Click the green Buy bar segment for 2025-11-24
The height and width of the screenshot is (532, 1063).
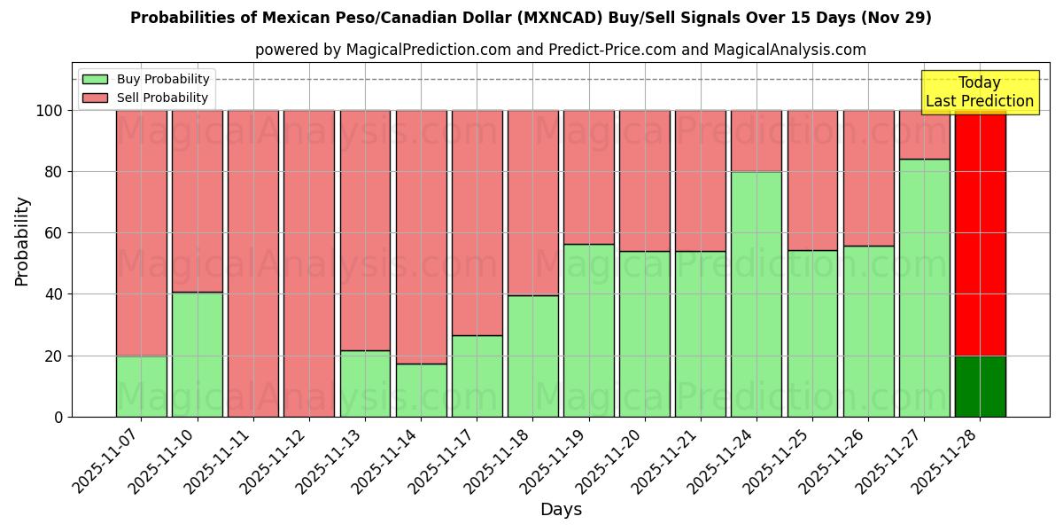point(756,294)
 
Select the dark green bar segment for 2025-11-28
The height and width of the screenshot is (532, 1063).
point(980,387)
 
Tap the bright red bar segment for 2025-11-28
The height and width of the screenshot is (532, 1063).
point(980,232)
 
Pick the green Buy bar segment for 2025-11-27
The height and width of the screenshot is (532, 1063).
point(924,288)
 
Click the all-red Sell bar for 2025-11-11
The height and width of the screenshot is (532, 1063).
point(252,263)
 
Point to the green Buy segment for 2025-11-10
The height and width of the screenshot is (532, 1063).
point(197,355)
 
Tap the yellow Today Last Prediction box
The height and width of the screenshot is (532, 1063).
point(979,92)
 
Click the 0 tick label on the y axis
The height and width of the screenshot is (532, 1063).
point(58,418)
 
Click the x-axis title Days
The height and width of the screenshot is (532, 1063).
point(561,510)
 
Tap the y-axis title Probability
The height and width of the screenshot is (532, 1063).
point(22,241)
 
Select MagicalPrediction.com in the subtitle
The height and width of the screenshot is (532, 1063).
point(429,51)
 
